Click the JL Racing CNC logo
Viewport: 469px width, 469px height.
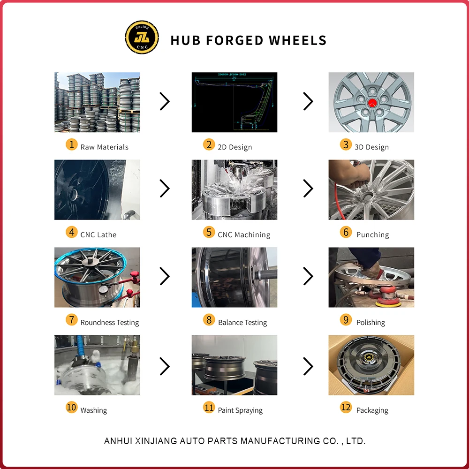(142, 37)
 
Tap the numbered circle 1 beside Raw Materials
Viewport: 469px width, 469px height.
(71, 144)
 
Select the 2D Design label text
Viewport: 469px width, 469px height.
(234, 147)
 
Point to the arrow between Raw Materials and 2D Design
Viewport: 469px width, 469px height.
(165, 101)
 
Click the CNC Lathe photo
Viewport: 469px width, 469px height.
(97, 189)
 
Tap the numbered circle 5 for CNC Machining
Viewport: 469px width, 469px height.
(209, 232)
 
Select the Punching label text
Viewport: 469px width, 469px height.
(372, 234)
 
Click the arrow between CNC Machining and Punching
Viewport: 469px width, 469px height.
(308, 189)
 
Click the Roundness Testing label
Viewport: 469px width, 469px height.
(110, 323)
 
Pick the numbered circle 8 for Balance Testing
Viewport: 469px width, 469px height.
(209, 320)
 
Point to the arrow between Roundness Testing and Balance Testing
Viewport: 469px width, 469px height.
(165, 276)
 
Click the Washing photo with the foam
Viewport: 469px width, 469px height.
(97, 365)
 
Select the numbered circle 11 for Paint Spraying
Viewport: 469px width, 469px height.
(209, 408)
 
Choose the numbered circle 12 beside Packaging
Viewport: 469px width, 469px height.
(346, 408)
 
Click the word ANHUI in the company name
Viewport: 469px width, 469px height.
(118, 441)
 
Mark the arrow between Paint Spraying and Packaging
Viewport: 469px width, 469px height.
(308, 366)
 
